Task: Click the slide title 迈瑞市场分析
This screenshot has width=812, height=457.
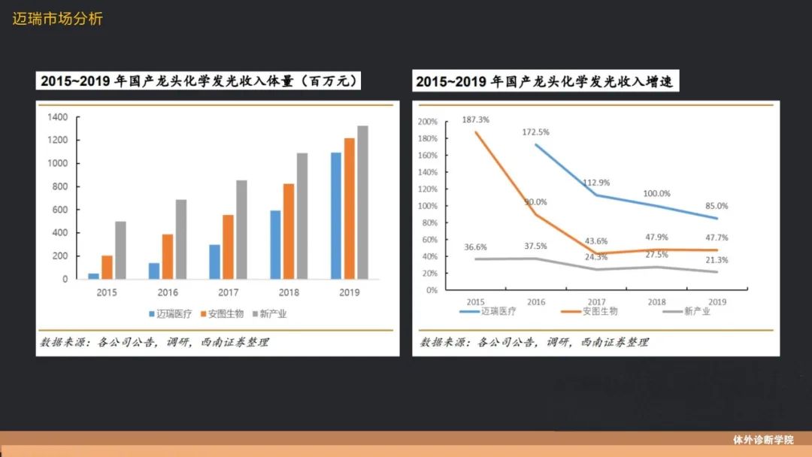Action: click(57, 19)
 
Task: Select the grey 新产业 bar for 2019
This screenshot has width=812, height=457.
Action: click(362, 202)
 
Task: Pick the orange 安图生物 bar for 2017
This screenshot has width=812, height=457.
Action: click(228, 247)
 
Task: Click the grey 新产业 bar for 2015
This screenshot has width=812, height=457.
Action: click(120, 250)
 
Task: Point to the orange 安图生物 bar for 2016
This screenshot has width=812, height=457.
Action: click(168, 256)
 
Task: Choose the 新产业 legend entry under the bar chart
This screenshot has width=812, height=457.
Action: click(269, 314)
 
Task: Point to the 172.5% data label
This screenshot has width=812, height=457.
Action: click(535, 132)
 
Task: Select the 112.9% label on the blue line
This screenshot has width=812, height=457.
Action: click(595, 183)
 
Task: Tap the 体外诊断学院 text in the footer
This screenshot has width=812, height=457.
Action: click(763, 440)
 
